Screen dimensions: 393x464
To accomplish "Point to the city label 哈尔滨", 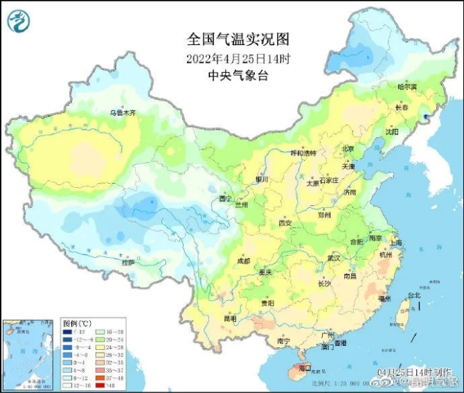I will tap(407, 87).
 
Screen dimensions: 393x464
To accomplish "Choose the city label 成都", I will tap(243, 261).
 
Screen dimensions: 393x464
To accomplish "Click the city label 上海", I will tap(396, 243).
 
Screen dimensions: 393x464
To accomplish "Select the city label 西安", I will tap(285, 223).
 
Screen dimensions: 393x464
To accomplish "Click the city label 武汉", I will tap(334, 257).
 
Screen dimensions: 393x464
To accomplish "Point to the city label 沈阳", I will tap(392, 131).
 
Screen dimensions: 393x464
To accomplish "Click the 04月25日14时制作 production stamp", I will tap(412, 372).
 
